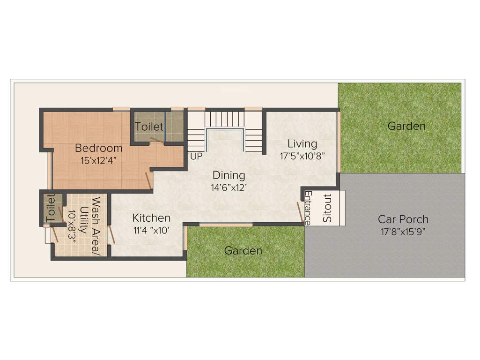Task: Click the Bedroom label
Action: coord(98,148)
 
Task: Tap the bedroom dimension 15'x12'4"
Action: coord(98,159)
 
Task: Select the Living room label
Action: coord(302,143)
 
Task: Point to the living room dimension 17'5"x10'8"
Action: coord(303,156)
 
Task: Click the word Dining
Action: coord(229,175)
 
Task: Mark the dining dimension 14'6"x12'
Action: coord(229,187)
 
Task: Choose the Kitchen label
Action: coord(151,218)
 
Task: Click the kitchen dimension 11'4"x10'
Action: coord(151,230)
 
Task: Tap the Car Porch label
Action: coord(403,219)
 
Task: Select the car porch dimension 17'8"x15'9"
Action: coord(403,231)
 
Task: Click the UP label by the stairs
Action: coord(196,156)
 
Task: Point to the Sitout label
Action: coord(327,208)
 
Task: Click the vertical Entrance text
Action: coord(308,208)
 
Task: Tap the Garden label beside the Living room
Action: coord(406,126)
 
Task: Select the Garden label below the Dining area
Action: coord(243,251)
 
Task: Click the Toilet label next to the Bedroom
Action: coord(149,127)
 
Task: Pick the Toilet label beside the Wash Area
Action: coord(51,208)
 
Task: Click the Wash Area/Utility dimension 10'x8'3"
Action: coord(72,222)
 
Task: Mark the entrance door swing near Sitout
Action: coord(299,211)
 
